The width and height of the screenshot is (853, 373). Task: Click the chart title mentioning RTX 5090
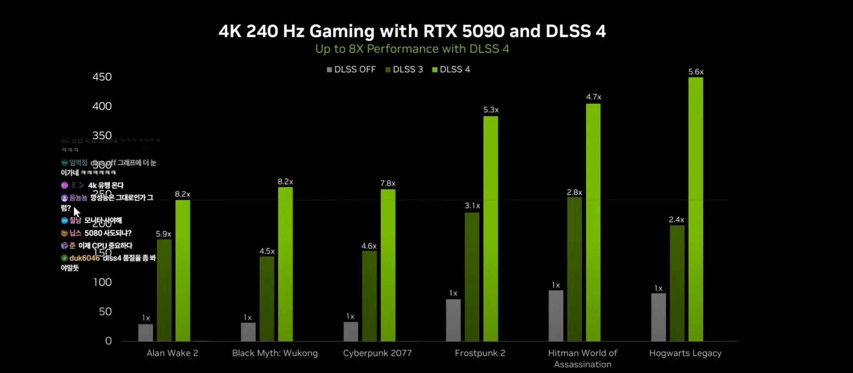(x=412, y=31)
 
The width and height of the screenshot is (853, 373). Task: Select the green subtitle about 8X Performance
(x=412, y=49)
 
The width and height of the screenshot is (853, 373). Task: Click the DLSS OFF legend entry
(x=351, y=69)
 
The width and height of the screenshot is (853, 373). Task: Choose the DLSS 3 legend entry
(x=404, y=69)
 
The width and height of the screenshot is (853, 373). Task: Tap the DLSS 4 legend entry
(x=451, y=69)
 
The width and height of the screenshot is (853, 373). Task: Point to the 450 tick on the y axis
(x=102, y=77)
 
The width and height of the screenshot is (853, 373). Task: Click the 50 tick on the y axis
(x=105, y=312)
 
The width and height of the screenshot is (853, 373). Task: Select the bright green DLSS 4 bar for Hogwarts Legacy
(x=696, y=209)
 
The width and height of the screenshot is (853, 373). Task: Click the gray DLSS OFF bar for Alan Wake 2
(x=146, y=333)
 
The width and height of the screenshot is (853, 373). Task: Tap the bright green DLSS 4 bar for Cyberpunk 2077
(x=388, y=265)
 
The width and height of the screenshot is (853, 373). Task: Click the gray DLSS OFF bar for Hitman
(x=556, y=316)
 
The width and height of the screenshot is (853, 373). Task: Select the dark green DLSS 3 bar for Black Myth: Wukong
(x=267, y=299)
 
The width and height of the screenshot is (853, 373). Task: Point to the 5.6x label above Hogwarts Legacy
(x=696, y=72)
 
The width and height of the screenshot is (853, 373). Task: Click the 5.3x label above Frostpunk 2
(x=491, y=110)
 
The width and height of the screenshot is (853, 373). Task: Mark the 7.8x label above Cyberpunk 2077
(x=388, y=183)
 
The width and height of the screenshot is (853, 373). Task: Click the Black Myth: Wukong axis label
(x=275, y=353)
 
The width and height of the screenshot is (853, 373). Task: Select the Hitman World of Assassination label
(x=582, y=358)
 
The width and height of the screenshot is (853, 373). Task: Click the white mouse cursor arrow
(x=76, y=212)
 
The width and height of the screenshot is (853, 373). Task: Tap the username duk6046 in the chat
(x=84, y=258)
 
